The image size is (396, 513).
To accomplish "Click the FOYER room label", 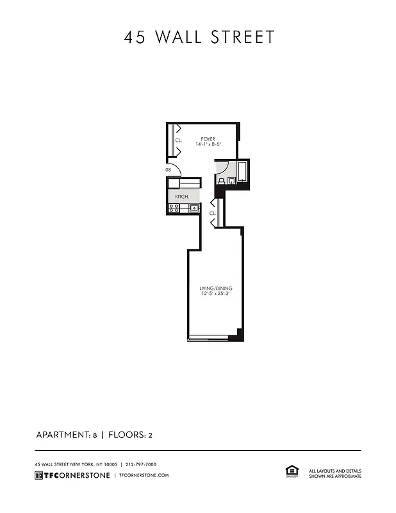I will (x=207, y=139).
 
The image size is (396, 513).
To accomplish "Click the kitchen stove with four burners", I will (x=173, y=208).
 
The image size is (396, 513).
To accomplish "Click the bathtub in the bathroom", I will (x=243, y=172).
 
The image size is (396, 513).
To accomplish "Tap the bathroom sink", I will (x=220, y=181).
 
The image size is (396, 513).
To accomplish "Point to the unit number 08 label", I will (x=168, y=170).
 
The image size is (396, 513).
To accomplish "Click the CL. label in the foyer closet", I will (x=179, y=140).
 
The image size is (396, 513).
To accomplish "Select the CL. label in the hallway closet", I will (x=212, y=212).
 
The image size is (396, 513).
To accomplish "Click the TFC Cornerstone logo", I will (x=71, y=475).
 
